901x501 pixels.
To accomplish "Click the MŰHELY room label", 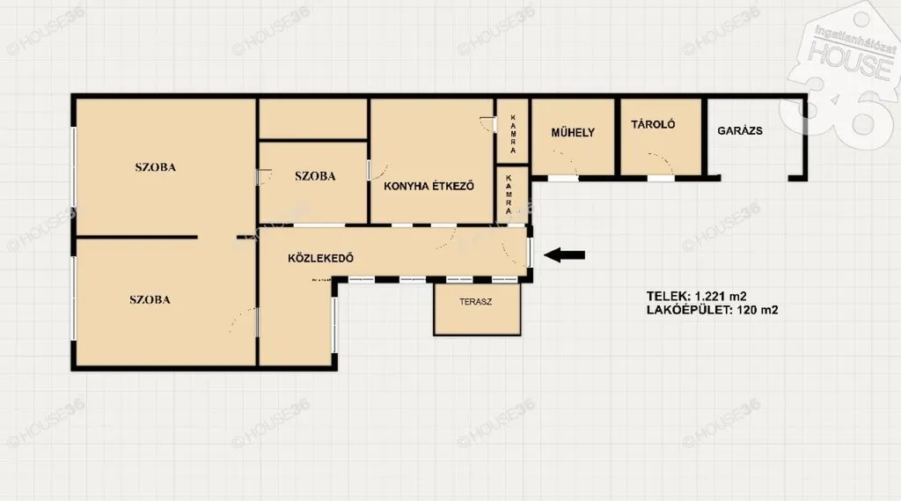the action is (x=573, y=133).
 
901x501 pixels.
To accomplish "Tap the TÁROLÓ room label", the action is (x=653, y=124).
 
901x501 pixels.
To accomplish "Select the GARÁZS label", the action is (x=740, y=131).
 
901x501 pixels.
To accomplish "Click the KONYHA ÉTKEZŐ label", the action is (x=429, y=186).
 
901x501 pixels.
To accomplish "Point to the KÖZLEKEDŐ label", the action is (x=320, y=258).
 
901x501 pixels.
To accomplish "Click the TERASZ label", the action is (x=476, y=301).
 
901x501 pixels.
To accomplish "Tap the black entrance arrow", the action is (x=564, y=254).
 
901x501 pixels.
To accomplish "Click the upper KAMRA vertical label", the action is (x=513, y=134).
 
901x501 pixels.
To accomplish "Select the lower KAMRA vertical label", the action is (x=509, y=195).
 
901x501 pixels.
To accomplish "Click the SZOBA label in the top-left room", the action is (x=155, y=167).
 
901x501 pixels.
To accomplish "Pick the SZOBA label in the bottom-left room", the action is (x=150, y=299).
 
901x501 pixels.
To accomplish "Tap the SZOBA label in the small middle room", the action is (x=315, y=176).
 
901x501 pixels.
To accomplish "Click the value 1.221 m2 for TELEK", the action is (x=721, y=297).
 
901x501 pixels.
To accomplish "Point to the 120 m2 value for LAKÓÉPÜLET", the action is (x=758, y=311).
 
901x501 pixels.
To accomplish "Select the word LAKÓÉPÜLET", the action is (x=689, y=311).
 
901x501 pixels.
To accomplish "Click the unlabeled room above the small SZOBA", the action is (x=313, y=119).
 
